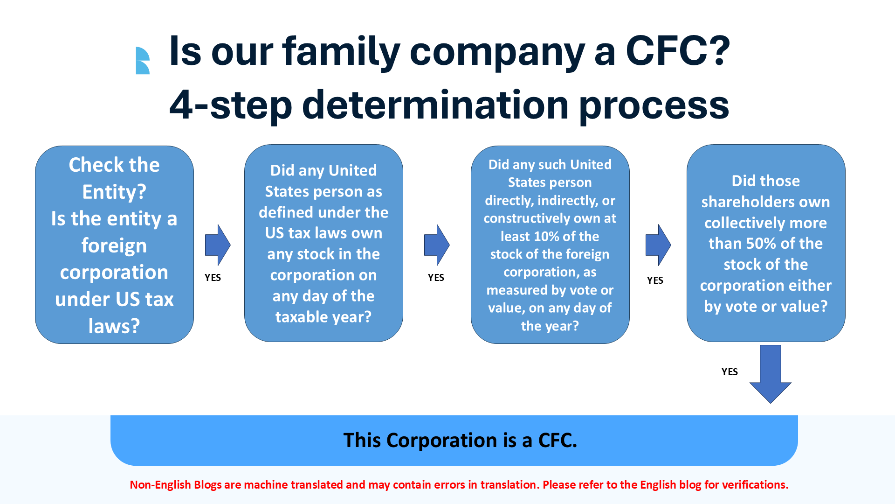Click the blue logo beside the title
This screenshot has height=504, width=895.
143,61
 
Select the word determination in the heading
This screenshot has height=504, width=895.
435,105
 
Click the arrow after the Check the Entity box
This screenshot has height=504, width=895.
218,245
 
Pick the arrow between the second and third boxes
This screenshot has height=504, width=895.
437,245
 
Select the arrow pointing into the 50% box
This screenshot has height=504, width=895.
658,245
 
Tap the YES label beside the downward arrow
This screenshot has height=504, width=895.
730,372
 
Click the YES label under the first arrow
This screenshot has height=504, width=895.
213,278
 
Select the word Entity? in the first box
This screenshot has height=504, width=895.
114,192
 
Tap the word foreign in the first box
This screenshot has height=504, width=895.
114,246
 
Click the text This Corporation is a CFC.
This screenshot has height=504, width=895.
460,441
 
